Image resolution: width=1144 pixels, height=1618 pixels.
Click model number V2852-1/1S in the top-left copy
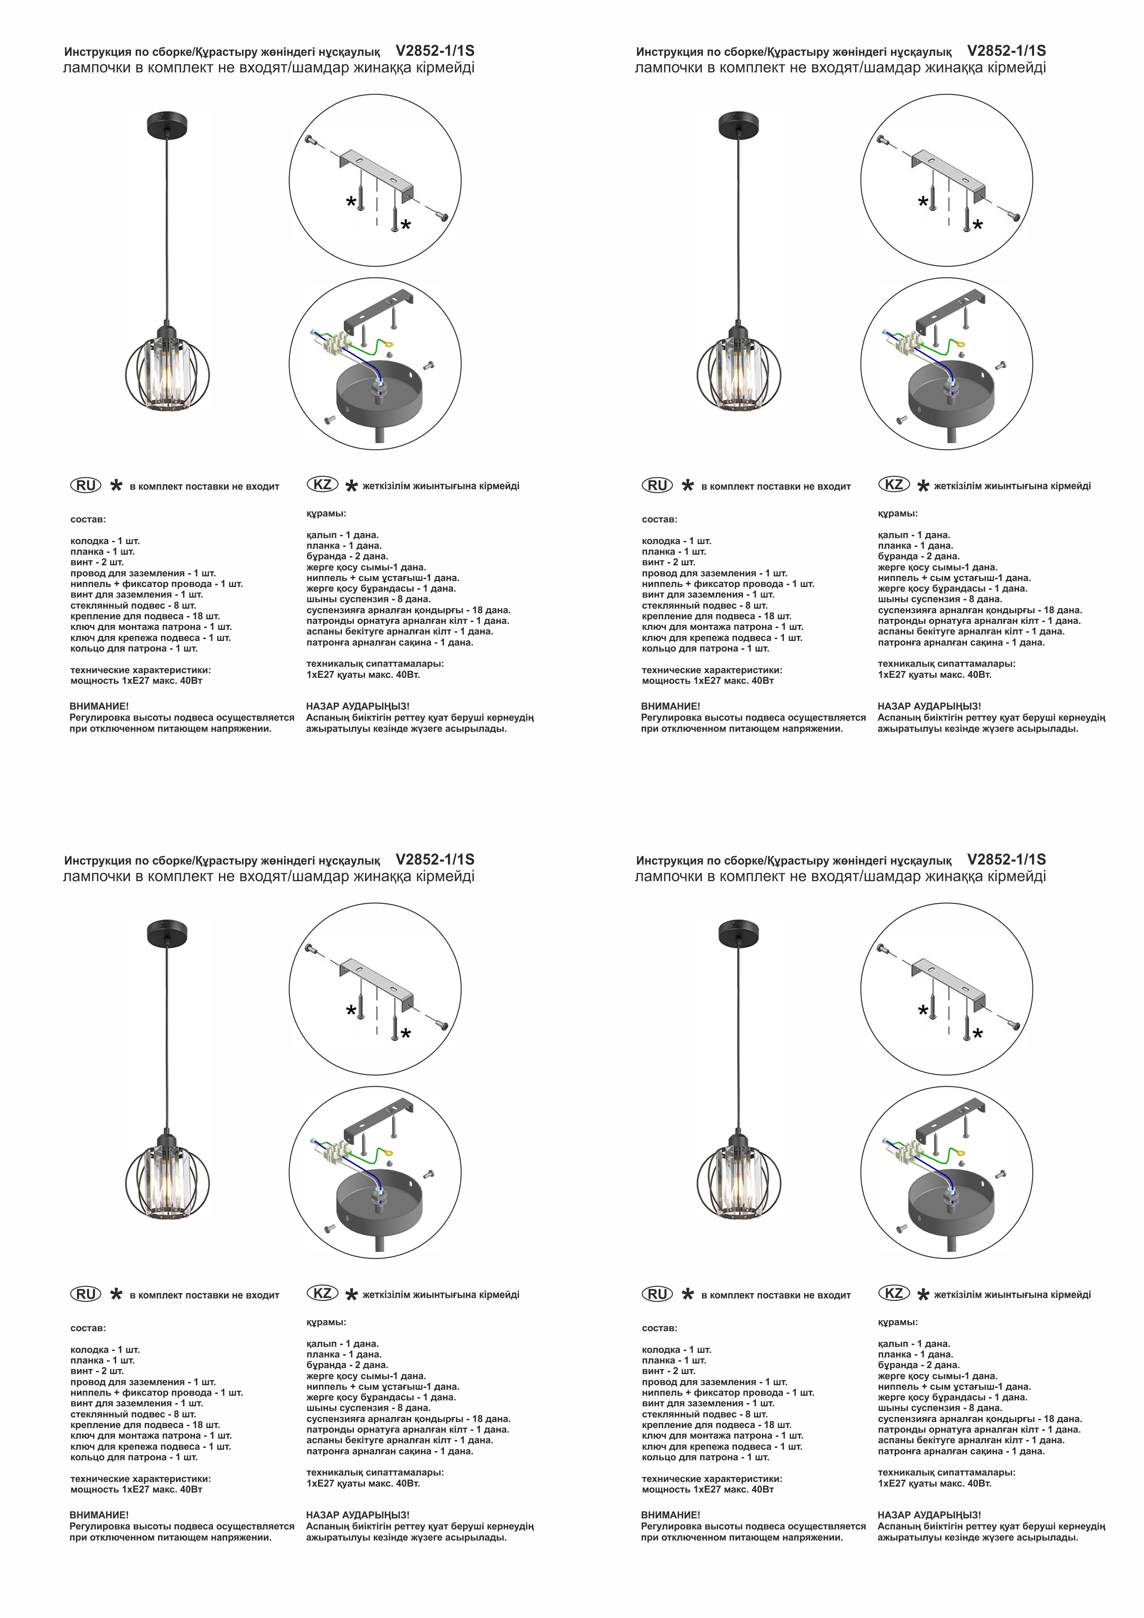pyautogui.click(x=435, y=51)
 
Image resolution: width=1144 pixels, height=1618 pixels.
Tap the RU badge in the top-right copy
pyautogui.click(x=657, y=486)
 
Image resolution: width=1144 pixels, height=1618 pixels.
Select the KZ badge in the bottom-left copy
pyautogui.click(x=323, y=1293)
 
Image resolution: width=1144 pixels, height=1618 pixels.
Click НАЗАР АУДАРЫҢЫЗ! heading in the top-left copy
pyautogui.click(x=357, y=706)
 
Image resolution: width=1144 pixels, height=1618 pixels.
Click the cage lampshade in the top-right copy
pyautogui.click(x=739, y=373)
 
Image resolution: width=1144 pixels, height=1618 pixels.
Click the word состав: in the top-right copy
pyautogui.click(x=660, y=519)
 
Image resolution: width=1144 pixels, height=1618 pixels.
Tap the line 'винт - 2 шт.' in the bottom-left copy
pyautogui.click(x=97, y=1371)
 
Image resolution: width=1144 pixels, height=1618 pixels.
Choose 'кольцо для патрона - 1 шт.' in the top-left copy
pyautogui.click(x=134, y=648)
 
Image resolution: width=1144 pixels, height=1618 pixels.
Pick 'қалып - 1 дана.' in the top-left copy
pyautogui.click(x=342, y=535)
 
